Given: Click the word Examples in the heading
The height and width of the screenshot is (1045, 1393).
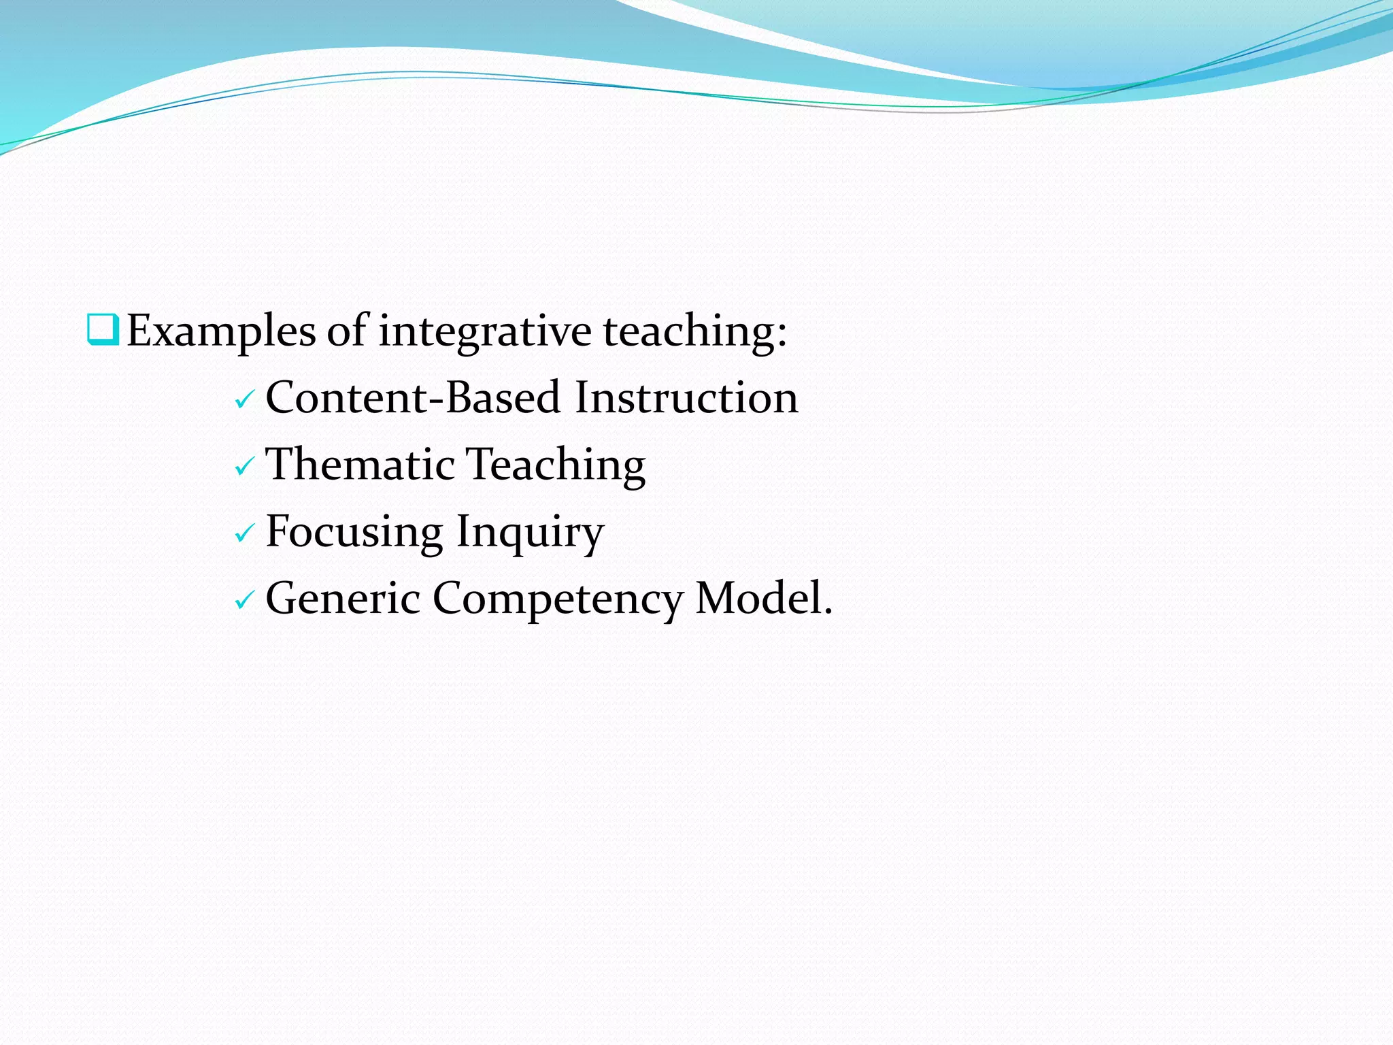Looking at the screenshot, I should [x=221, y=332].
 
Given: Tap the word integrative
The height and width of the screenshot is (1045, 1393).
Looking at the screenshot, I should [x=485, y=332].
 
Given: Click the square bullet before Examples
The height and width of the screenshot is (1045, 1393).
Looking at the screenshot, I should [x=103, y=329].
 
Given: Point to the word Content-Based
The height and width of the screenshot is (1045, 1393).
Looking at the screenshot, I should [x=413, y=397].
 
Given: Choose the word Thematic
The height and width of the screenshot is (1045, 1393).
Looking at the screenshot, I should [x=360, y=465].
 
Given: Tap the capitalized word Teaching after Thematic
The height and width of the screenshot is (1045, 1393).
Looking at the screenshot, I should [x=556, y=465].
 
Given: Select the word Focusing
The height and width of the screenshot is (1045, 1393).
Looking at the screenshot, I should [x=354, y=531].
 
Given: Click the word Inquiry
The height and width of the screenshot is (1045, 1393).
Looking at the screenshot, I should [x=529, y=531].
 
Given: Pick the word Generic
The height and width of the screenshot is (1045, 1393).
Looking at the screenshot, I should [x=343, y=598].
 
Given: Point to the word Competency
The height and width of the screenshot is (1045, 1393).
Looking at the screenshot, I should [x=558, y=598].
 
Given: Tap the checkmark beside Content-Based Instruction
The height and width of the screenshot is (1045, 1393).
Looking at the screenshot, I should [x=244, y=401].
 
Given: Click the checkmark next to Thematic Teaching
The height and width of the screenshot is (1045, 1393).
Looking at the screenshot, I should [x=244, y=467].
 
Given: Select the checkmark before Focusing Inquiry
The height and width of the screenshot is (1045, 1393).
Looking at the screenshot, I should [x=244, y=534].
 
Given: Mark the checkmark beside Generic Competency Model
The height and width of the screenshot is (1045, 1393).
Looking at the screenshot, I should [x=244, y=601].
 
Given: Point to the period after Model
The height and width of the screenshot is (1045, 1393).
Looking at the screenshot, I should [x=828, y=612].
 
